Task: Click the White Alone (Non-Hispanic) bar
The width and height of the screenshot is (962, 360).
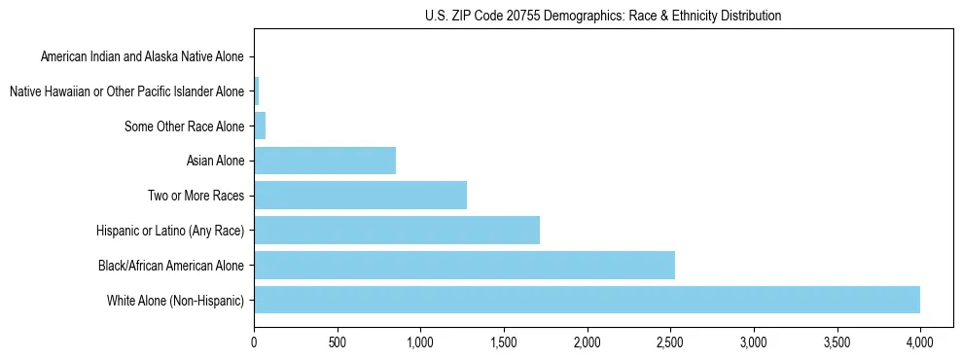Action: pos(587,300)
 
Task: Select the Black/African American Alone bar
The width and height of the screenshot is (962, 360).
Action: pos(464,265)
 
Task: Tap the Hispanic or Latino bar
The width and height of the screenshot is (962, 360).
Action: pos(397,230)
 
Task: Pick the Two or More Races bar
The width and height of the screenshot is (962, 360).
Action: pos(360,195)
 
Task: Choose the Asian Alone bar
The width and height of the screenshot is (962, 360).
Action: pos(325,161)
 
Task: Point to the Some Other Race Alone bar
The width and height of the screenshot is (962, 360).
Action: pos(260,126)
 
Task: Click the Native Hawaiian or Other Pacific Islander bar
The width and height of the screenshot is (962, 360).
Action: pos(256,91)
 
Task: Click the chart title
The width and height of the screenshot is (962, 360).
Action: pos(603,16)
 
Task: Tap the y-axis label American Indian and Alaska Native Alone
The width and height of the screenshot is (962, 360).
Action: pos(142,56)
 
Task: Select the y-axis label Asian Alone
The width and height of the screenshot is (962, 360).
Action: pos(215,161)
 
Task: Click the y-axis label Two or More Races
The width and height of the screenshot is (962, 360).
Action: pos(195,196)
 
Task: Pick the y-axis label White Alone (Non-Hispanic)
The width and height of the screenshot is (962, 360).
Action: pos(176,300)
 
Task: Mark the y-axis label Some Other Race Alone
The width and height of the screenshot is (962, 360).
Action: pos(185,126)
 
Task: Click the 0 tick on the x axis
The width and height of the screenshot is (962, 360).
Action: pos(254,342)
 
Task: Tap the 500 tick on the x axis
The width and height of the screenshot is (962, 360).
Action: pos(338,342)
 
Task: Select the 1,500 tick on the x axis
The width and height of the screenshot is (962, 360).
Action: pos(504,342)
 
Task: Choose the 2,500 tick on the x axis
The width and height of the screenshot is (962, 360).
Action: pos(670,342)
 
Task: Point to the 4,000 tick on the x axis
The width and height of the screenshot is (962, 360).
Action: pos(920,342)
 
